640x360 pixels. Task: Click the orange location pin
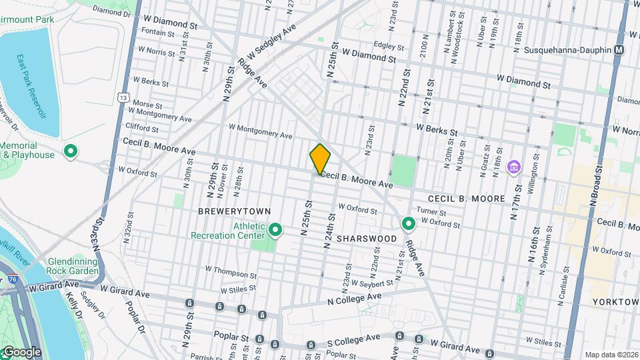321,159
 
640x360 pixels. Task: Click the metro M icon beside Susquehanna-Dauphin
619,50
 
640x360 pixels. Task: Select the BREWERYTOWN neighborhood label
234,211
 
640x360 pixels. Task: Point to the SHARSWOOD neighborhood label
367,238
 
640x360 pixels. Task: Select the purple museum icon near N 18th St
513,166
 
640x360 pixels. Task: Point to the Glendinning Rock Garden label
73,266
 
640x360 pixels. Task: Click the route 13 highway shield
124,97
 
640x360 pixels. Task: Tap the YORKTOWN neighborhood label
615,302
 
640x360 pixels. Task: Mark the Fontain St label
147,32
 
